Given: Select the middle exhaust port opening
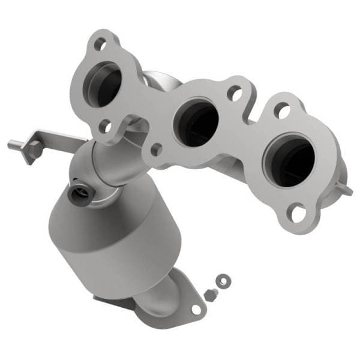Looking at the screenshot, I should click(196, 122).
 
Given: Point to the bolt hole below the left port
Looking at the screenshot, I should click(105, 126).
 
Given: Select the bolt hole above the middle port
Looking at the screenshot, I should click(235, 94).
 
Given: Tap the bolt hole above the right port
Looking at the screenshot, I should click(281, 110).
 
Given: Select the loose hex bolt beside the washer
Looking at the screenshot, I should click(210, 294).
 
